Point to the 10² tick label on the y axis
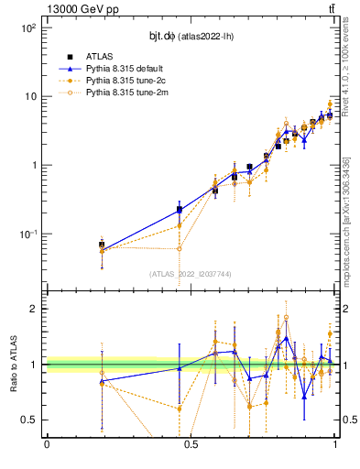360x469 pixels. tap(28, 28)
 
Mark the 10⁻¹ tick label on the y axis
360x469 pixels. tap(28, 234)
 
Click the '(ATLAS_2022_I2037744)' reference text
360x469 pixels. tap(191, 274)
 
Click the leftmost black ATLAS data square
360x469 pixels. tap(102, 245)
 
